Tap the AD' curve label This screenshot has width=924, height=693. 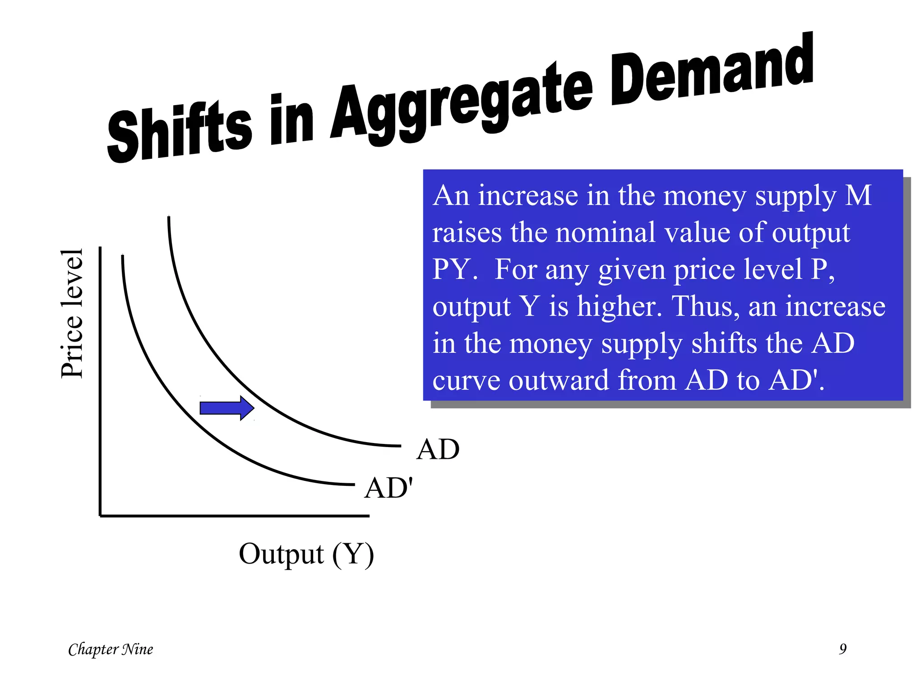tap(388, 488)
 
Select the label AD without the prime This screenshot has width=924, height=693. tap(438, 449)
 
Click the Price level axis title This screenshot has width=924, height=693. tap(72, 314)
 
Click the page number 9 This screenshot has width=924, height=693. tap(842, 649)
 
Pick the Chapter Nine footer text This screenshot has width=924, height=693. tap(111, 649)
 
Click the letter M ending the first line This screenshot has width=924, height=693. tap(858, 196)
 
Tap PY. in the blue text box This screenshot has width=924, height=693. tap(454, 269)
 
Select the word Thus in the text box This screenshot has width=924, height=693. tap(705, 306)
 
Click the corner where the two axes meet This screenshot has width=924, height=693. tap(100, 516)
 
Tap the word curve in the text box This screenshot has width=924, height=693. tap(466, 381)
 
